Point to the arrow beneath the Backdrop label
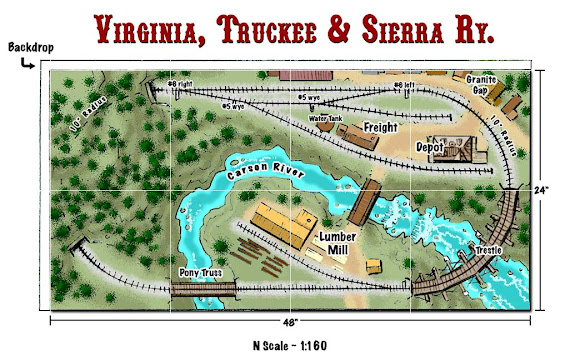click(x=25, y=62)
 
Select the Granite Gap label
click(x=482, y=83)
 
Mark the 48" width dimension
click(x=289, y=328)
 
